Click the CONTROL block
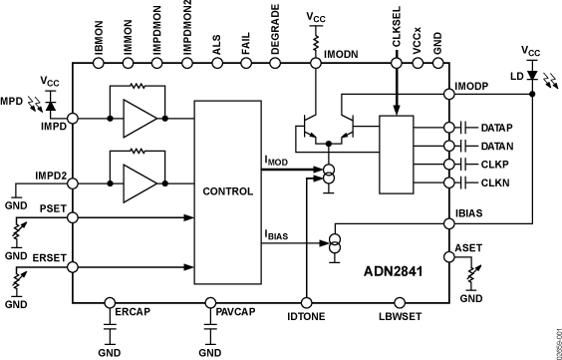228,190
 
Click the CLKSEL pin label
396,35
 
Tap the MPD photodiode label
12,101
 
